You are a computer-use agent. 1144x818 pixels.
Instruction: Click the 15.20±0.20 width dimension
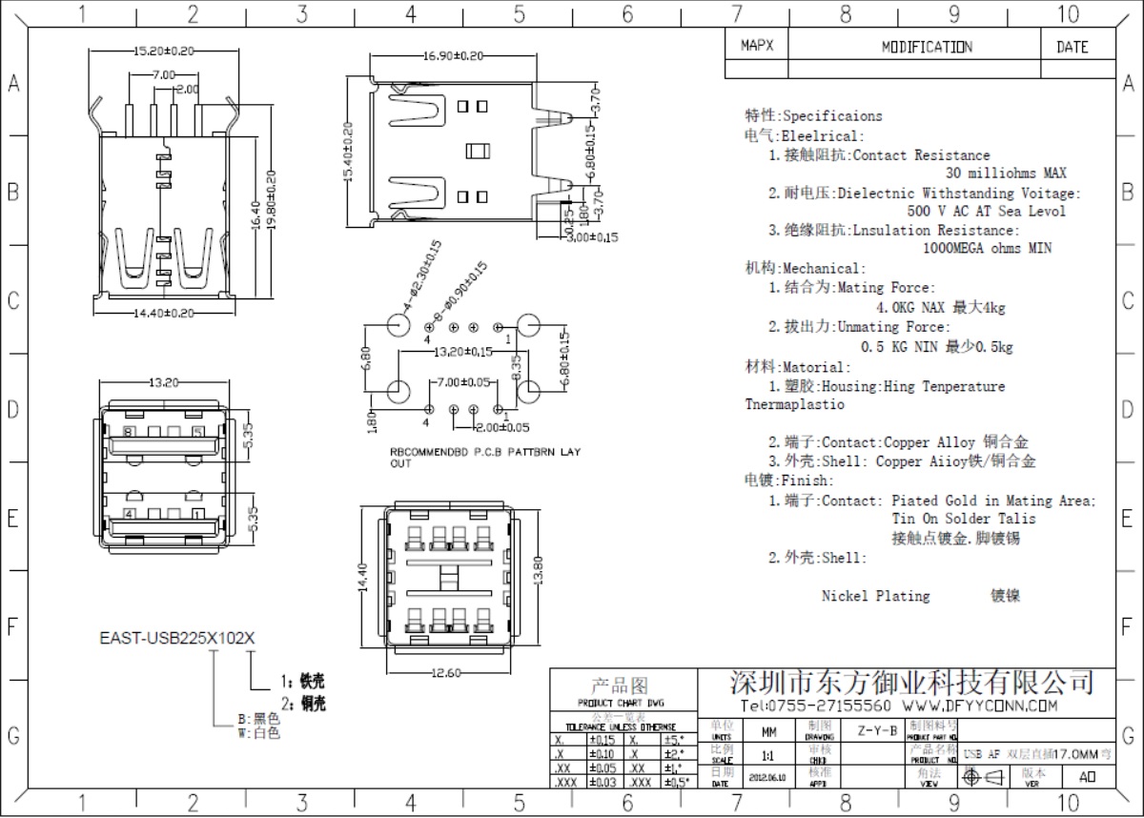pyautogui.click(x=163, y=51)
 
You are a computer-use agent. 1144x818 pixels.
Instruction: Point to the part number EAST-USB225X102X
pyautogui.click(x=178, y=640)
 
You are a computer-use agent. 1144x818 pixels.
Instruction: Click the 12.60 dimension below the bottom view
pyautogui.click(x=445, y=673)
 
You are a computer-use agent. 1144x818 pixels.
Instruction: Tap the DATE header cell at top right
pyautogui.click(x=1072, y=47)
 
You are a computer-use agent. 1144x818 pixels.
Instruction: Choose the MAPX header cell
pyautogui.click(x=757, y=46)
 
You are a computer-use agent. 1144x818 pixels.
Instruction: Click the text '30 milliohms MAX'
pyautogui.click(x=1005, y=174)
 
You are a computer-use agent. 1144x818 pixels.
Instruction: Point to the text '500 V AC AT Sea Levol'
pyautogui.click(x=987, y=211)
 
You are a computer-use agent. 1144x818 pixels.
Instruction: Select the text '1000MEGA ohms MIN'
pyautogui.click(x=988, y=248)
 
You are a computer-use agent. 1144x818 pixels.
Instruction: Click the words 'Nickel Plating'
pyautogui.click(x=875, y=596)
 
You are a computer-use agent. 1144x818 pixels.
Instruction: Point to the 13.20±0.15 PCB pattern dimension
pyautogui.click(x=463, y=352)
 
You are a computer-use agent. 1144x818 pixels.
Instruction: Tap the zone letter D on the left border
pyautogui.click(x=14, y=411)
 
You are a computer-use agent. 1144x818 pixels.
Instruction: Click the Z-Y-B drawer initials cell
pyautogui.click(x=876, y=731)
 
